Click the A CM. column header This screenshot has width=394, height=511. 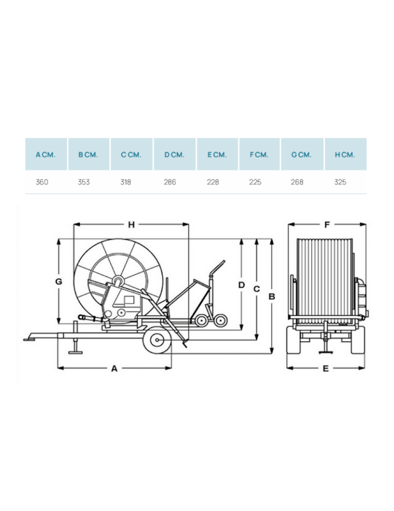[45, 155]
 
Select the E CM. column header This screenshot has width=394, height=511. [217, 155]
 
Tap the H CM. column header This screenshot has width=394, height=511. [345, 155]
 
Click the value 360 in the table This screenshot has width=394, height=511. [42, 182]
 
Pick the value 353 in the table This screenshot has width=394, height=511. [84, 182]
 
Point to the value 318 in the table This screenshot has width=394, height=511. [126, 182]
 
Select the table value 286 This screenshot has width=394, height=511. [170, 182]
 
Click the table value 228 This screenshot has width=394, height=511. [213, 182]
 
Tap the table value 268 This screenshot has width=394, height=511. [297, 182]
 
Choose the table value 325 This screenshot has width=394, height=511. [340, 182]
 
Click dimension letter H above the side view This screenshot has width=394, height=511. [131, 224]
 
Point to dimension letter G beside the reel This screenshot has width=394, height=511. [59, 281]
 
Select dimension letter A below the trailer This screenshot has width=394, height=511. [114, 368]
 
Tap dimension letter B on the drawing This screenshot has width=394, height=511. [272, 296]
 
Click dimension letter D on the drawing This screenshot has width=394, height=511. [242, 285]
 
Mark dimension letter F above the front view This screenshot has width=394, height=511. [327, 224]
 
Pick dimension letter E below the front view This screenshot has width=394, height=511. [326, 368]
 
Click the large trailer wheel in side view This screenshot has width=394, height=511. [157, 340]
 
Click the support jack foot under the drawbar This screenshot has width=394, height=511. [75, 352]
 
